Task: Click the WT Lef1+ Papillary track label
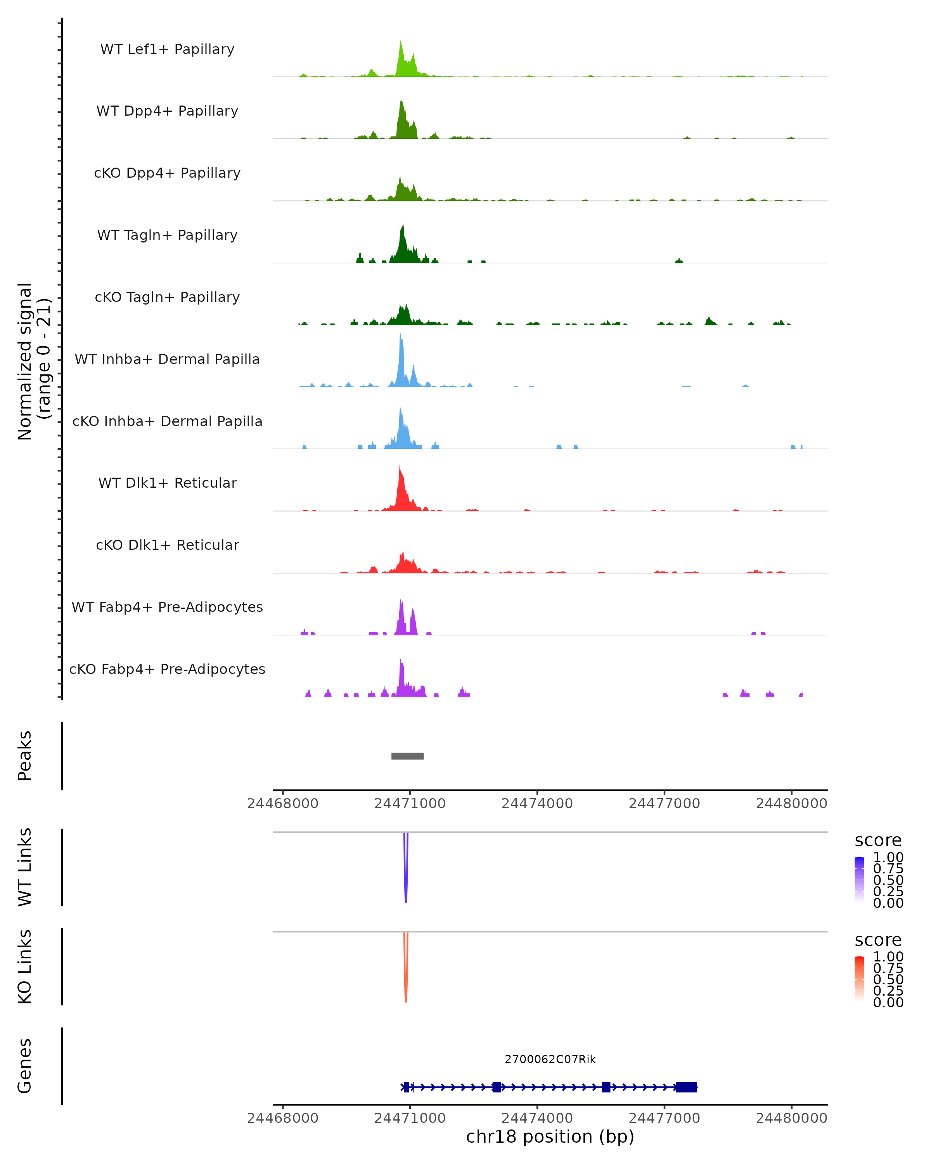pos(167,49)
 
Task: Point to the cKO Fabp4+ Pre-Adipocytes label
pos(167,669)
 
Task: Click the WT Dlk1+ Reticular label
pos(167,483)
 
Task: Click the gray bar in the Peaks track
pos(407,756)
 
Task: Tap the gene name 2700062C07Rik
pos(550,1059)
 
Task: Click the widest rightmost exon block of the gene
pos(686,1087)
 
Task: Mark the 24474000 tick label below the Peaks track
pos(537,804)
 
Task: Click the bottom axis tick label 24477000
pos(665,1118)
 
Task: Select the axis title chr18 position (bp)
pos(550,1137)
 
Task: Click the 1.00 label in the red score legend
pos(888,957)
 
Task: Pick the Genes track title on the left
pos(24,1066)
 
